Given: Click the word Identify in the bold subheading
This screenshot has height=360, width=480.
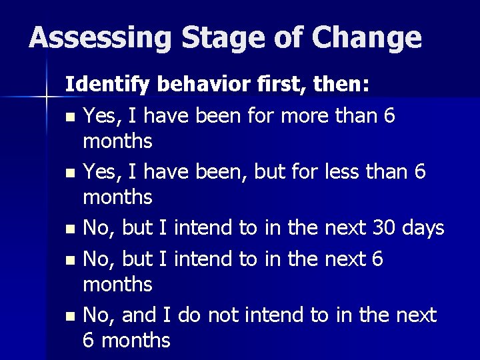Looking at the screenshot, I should coord(108,85).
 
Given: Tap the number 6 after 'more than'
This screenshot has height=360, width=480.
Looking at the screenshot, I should coord(389,116).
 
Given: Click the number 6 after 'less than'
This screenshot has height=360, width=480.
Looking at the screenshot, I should coord(419,172).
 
